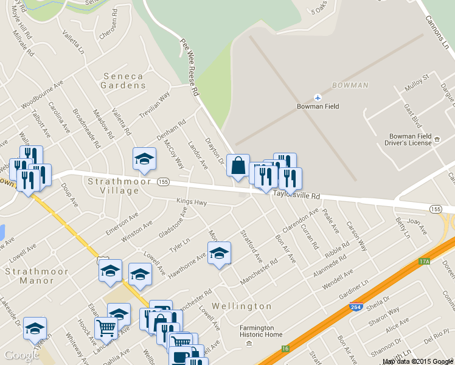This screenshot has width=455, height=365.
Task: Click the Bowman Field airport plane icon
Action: pyautogui.click(x=318, y=97)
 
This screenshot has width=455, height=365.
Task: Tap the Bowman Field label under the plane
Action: pyautogui.click(x=318, y=106)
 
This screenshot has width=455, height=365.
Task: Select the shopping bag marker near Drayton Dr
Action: pyautogui.click(x=238, y=165)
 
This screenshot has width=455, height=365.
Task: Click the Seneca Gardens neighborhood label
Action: pyautogui.click(x=123, y=81)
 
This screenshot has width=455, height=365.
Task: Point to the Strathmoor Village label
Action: pyautogui.click(x=113, y=186)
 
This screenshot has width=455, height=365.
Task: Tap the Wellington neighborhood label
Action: pyautogui.click(x=242, y=305)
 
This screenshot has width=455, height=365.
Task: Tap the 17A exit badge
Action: pyautogui.click(x=424, y=262)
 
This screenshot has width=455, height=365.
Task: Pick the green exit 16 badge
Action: pyautogui.click(x=285, y=349)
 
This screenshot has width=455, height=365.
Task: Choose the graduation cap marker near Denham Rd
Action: pyautogui.click(x=144, y=159)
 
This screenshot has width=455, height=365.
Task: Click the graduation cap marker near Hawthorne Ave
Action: pyautogui.click(x=220, y=254)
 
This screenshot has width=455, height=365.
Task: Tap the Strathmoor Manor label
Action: pyautogui.click(x=29, y=276)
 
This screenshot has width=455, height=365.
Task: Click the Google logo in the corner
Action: pyautogui.click(x=22, y=355)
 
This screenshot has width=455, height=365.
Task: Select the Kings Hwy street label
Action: pyautogui.click(x=192, y=202)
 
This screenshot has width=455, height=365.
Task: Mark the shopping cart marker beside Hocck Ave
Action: pyautogui.click(x=106, y=328)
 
